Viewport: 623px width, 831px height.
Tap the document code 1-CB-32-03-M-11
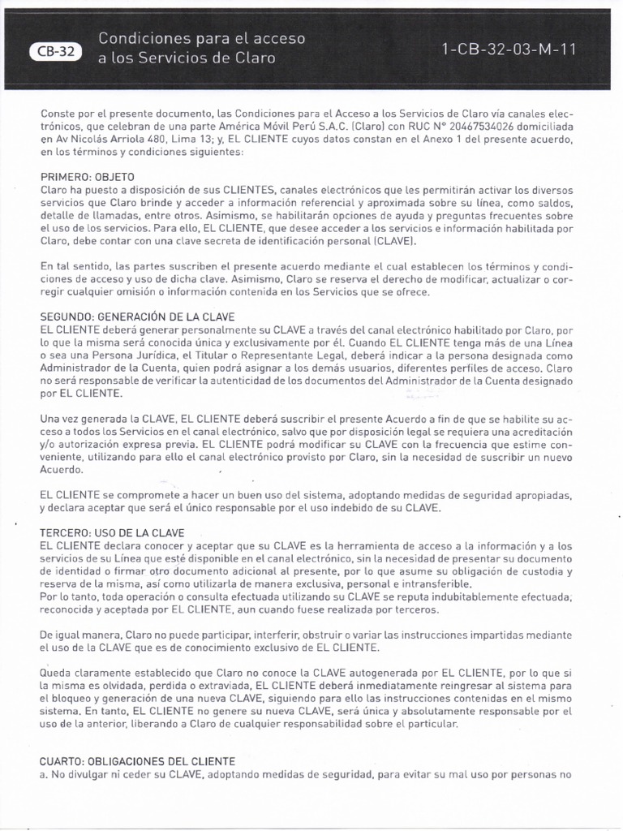pyautogui.click(x=509, y=49)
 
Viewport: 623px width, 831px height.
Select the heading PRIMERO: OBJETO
pyautogui.click(x=88, y=176)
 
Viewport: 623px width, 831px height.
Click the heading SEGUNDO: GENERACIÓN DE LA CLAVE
pyautogui.click(x=137, y=316)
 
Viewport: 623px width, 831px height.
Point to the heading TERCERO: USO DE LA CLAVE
pyautogui.click(x=112, y=532)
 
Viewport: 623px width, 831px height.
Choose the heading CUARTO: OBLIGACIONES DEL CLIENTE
pyautogui.click(x=137, y=761)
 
